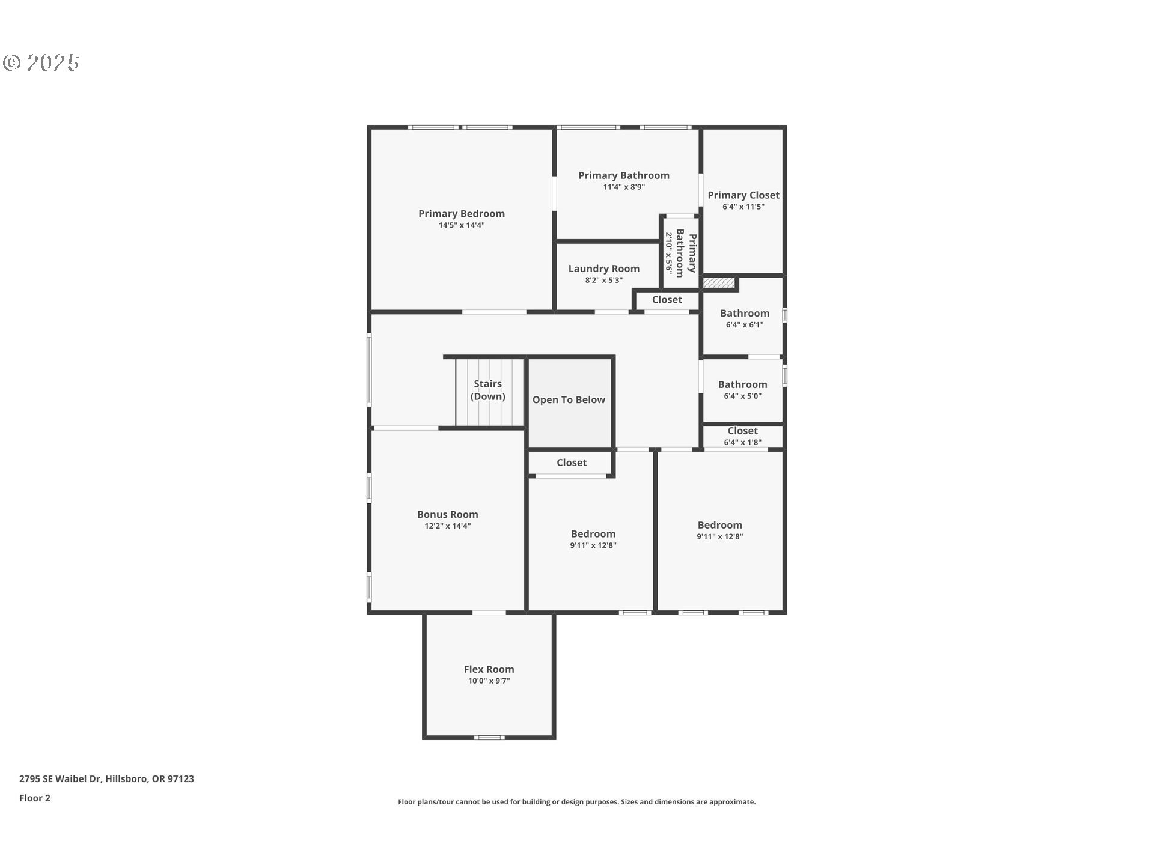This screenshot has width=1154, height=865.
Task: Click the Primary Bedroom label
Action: click(x=461, y=214)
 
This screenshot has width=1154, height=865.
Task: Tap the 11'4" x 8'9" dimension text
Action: click(x=624, y=187)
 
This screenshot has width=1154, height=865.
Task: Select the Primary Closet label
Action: click(x=743, y=195)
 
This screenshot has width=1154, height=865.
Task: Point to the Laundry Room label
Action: click(x=603, y=269)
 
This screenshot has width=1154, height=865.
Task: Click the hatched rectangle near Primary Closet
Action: click(x=719, y=282)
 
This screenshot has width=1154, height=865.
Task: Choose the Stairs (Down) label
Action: click(x=487, y=390)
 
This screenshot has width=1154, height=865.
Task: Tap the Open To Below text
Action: click(x=569, y=400)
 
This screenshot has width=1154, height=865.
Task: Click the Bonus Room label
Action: click(x=447, y=514)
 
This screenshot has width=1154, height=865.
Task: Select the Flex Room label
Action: click(x=489, y=669)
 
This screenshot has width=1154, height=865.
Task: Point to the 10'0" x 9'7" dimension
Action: click(x=489, y=681)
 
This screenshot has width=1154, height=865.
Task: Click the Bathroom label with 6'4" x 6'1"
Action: click(x=744, y=313)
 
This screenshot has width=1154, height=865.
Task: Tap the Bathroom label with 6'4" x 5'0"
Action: click(x=742, y=384)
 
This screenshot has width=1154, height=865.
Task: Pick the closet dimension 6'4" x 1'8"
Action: click(x=742, y=442)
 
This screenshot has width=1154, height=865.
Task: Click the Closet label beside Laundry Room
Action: click(x=667, y=300)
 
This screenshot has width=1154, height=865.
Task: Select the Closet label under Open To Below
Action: click(x=571, y=463)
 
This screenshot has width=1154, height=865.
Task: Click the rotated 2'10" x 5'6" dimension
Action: click(x=668, y=253)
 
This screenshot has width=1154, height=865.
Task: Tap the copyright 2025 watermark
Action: click(x=41, y=63)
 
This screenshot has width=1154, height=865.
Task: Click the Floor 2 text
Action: click(x=35, y=798)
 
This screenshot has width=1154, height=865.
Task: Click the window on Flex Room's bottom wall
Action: click(x=489, y=737)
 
